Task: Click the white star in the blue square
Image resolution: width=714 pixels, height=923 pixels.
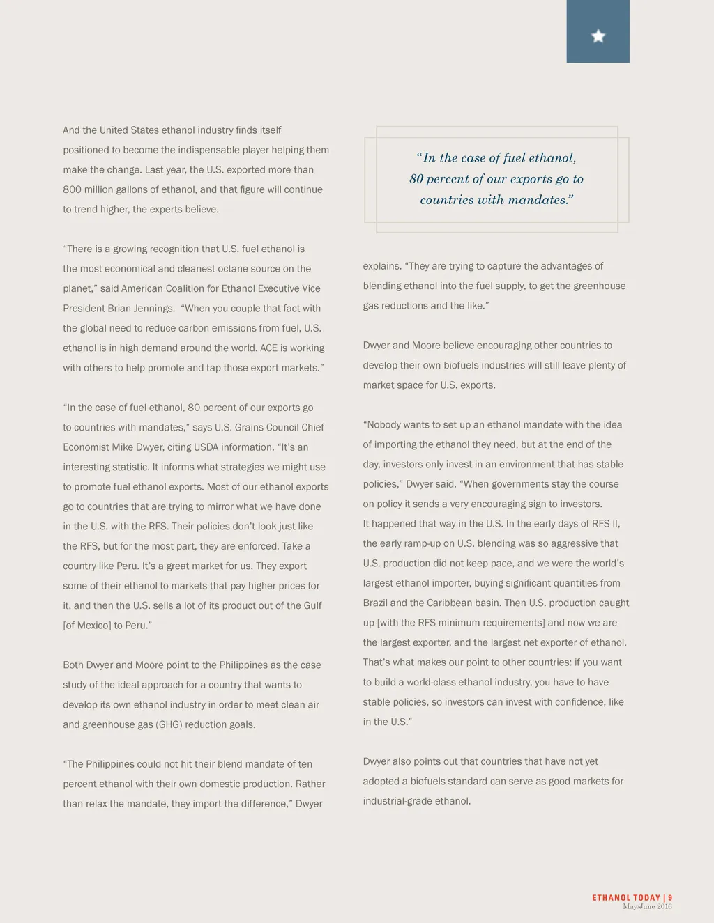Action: (x=598, y=36)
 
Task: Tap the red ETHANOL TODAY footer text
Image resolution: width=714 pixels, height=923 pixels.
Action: (x=626, y=898)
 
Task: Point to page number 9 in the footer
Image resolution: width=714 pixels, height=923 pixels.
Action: (x=670, y=898)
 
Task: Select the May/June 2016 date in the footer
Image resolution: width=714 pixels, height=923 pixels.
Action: (x=647, y=906)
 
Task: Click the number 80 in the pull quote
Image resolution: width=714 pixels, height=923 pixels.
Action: (x=416, y=179)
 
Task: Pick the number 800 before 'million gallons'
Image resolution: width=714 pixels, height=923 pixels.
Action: (x=73, y=189)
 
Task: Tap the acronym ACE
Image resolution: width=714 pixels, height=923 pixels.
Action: (x=268, y=348)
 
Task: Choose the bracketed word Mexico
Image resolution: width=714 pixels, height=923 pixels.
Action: (x=94, y=626)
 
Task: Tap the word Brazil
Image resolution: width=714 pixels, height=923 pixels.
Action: (x=375, y=603)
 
